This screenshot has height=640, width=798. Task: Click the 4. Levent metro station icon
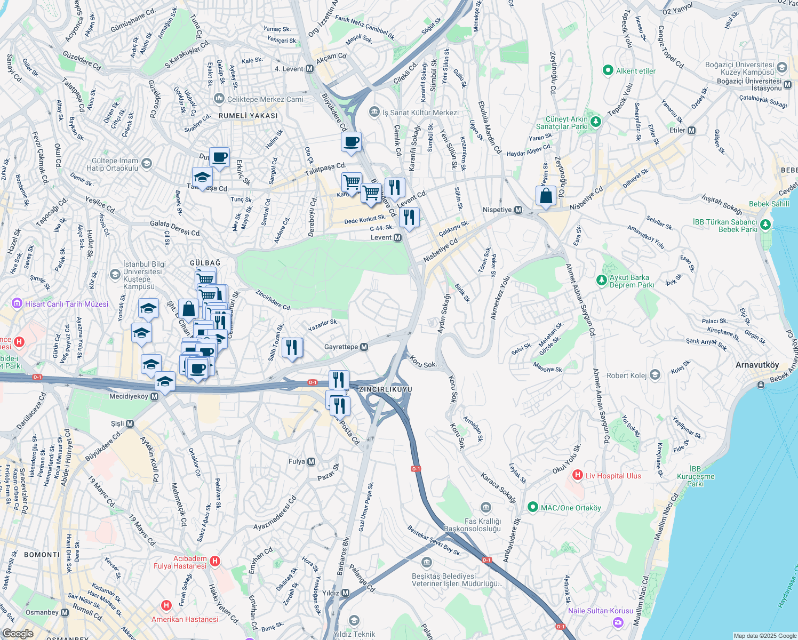coord(310,69)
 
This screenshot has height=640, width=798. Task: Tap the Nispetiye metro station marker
coord(518,210)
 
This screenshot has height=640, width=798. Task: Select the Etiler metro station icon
coord(692,130)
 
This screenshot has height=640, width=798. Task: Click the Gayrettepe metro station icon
coord(364,347)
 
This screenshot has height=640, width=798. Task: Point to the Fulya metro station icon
coord(312,462)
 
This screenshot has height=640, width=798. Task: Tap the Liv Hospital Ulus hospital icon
coord(577,475)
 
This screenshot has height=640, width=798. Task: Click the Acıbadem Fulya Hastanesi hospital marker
coord(215,561)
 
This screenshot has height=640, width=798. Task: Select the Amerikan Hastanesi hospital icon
coord(166,605)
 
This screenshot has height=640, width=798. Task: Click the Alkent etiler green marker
coord(608,70)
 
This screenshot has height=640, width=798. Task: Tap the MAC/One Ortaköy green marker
coord(532,507)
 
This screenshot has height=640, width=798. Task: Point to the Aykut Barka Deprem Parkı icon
coord(602,279)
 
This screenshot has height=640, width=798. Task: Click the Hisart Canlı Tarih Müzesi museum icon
coord(18,304)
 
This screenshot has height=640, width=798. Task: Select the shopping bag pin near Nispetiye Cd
coord(546,196)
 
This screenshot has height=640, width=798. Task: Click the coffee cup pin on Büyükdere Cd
coord(351,142)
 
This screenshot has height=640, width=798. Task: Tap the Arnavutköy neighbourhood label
coord(757,365)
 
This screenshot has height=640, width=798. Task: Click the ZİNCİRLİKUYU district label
coord(385,389)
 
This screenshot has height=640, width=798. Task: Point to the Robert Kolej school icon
coord(655,375)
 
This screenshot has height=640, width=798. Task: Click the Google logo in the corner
coord(18,633)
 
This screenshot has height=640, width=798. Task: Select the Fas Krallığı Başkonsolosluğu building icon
coord(485,507)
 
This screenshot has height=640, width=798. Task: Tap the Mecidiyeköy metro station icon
coord(155,397)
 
